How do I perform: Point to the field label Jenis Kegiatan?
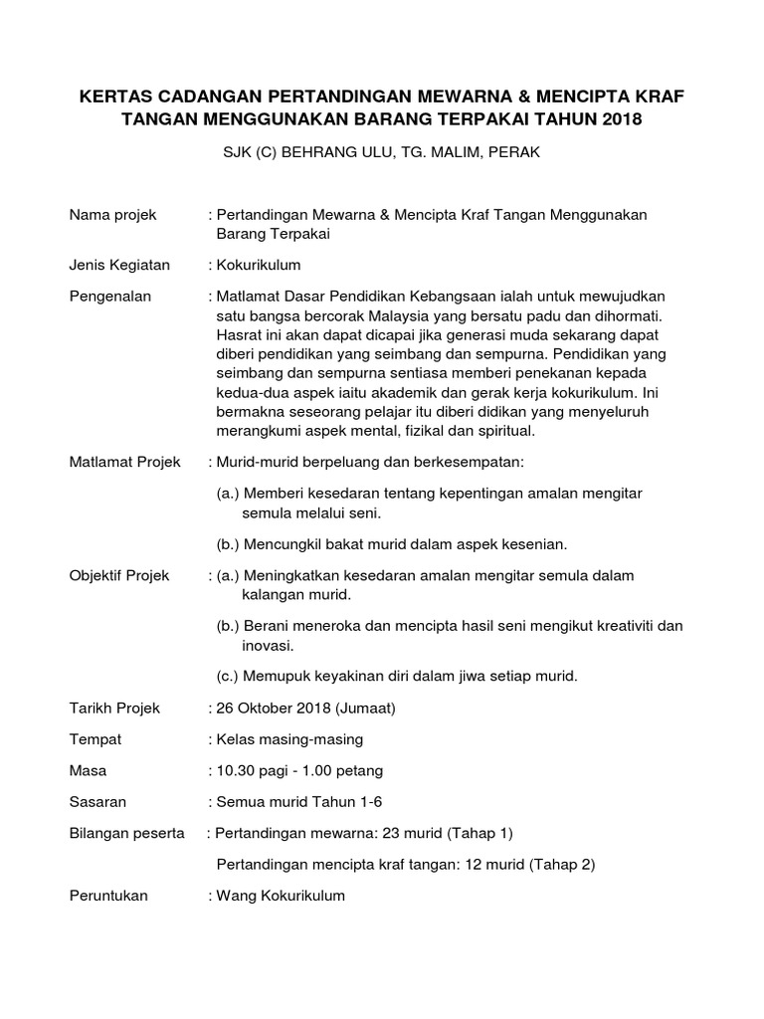pos(119,265)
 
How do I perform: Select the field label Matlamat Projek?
pos(124,463)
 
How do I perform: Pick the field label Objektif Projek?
pos(120,575)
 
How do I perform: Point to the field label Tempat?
pos(95,739)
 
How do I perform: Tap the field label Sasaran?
pos(97,801)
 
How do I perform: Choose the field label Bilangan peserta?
pos(127,833)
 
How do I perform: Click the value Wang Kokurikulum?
pos(279,896)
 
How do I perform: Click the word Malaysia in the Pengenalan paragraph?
pos(374,315)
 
